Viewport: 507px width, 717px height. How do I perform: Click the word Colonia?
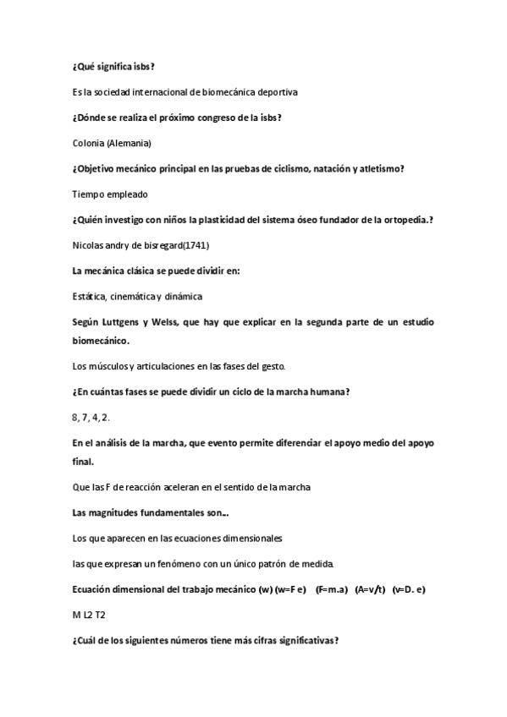point(88,142)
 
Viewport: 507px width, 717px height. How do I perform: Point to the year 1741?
point(196,245)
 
